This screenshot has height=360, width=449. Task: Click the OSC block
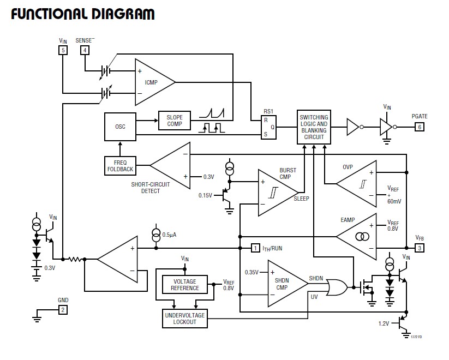tap(120, 127)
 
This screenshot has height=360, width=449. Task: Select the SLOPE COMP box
tap(175, 120)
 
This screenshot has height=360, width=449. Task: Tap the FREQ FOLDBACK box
tap(119, 165)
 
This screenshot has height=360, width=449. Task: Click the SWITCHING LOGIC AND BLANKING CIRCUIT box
tap(314, 127)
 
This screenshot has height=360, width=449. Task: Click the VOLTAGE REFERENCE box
tap(185, 285)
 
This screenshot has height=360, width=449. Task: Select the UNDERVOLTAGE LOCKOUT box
tap(185, 318)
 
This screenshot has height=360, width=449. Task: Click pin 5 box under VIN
tap(63, 50)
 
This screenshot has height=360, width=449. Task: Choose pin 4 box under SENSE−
tap(85, 50)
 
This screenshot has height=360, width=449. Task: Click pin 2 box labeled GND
tap(63, 310)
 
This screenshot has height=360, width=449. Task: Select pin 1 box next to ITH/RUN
tap(255, 248)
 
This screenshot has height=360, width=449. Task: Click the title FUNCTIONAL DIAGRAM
tap(82, 14)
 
